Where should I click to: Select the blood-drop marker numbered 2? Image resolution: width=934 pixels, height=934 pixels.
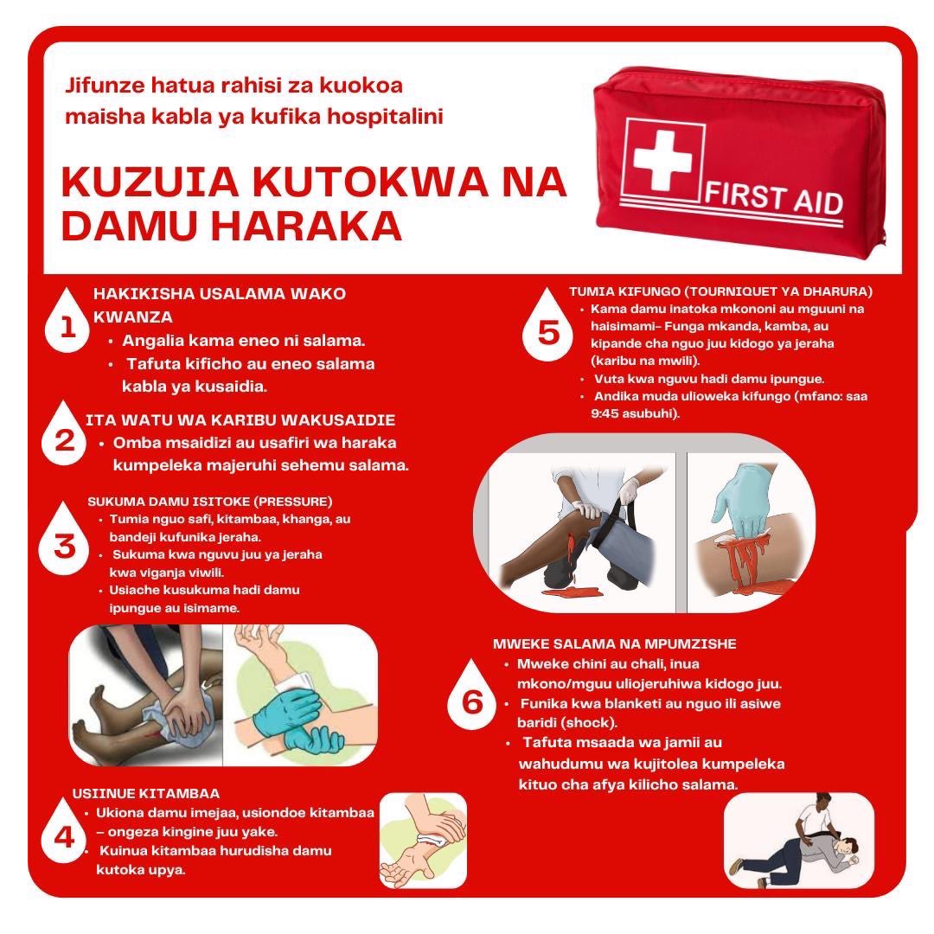[x=64, y=440]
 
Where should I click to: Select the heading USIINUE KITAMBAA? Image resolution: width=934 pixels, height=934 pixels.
[x=145, y=793]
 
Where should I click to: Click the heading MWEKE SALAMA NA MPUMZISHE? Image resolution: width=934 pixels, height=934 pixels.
[x=614, y=644]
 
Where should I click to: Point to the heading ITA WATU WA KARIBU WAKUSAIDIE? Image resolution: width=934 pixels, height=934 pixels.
[x=240, y=420]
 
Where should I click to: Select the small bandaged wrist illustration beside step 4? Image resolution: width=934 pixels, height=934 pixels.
[x=423, y=841]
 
